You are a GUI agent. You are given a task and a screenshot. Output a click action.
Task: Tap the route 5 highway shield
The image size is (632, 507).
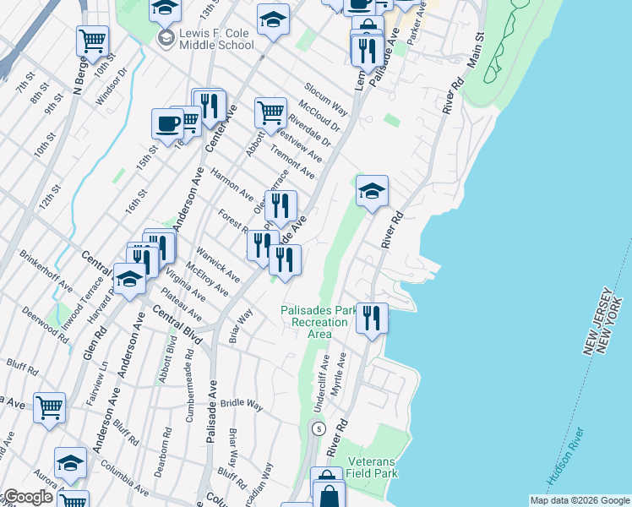(318, 429)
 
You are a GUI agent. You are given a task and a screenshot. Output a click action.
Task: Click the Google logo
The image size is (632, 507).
(27, 497)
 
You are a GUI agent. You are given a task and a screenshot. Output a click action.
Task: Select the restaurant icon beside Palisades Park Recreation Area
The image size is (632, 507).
(372, 318)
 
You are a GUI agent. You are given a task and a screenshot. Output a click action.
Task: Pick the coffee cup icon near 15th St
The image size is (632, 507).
(167, 123)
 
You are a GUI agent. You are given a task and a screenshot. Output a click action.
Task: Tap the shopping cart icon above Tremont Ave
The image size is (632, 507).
(270, 111)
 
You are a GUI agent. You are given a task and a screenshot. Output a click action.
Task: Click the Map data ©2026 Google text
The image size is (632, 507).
(579, 500)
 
